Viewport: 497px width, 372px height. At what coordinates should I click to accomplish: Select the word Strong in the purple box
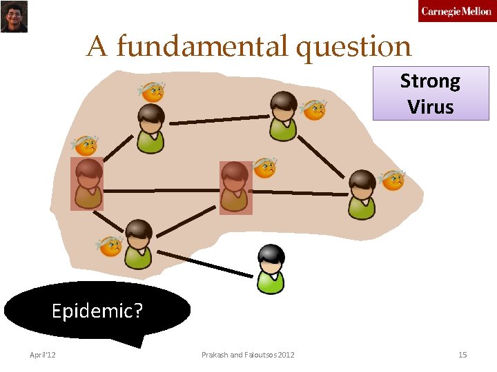point(430,81)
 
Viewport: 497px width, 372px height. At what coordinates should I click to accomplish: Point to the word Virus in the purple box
point(430,107)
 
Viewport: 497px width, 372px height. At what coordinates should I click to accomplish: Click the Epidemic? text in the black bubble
point(97,311)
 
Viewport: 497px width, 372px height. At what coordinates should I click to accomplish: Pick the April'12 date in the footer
point(43,355)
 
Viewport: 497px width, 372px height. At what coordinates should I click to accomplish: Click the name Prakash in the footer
point(215,355)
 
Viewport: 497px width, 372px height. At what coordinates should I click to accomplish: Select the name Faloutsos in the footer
point(261,355)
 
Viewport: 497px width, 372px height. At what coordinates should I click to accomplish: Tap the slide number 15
point(462,355)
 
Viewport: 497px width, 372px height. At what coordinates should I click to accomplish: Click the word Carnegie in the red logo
point(440,11)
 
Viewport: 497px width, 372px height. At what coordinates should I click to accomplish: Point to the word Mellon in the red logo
point(476,11)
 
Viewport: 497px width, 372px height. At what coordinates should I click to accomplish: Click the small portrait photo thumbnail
point(14,17)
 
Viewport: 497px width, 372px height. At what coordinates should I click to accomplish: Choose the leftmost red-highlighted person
point(88,184)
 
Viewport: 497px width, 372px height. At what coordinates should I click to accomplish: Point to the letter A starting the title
point(97,47)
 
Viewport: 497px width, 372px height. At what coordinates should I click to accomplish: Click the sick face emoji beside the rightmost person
point(392,180)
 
